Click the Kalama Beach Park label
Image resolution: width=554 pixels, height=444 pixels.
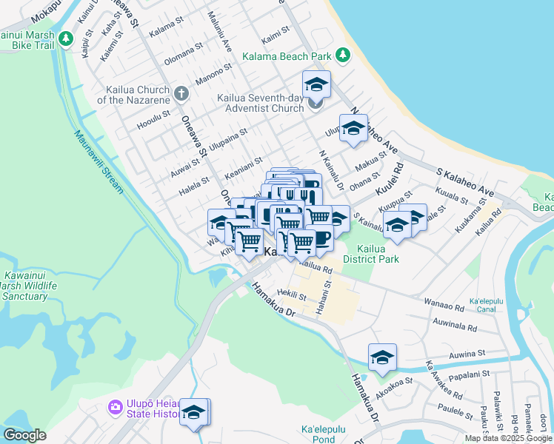(287, 56)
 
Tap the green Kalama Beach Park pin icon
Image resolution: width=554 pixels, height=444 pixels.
(342, 55)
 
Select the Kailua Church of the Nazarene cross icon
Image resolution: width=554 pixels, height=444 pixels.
(181, 94)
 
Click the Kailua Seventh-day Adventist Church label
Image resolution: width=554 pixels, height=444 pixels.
(260, 103)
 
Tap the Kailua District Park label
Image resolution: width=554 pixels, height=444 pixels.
(378, 254)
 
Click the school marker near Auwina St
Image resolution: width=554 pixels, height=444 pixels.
(382, 357)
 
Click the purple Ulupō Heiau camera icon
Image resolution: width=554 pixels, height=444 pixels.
(115, 407)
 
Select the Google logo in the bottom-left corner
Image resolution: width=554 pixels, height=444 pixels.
(24, 434)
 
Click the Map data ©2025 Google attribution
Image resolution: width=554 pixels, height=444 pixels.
(507, 438)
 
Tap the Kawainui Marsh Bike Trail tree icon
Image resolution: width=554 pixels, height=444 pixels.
(67, 38)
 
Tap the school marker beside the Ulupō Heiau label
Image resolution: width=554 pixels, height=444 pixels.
(195, 412)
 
